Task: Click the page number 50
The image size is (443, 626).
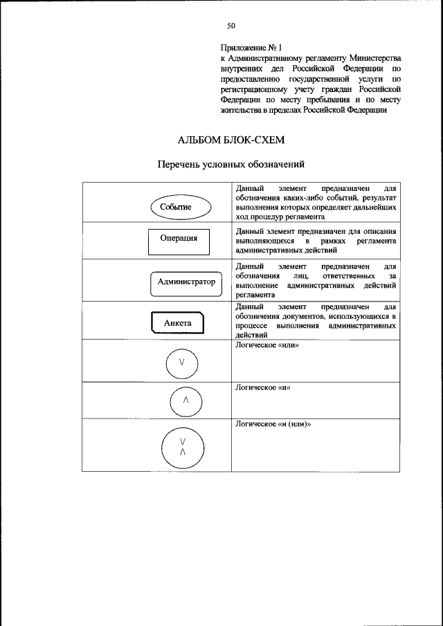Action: (231, 26)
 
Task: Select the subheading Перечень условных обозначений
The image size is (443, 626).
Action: (231, 165)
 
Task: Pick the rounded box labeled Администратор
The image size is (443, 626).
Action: (186, 282)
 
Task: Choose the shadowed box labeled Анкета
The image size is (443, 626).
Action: (177, 323)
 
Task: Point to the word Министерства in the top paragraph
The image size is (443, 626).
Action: (374, 59)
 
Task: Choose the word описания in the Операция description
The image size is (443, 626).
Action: (379, 231)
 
